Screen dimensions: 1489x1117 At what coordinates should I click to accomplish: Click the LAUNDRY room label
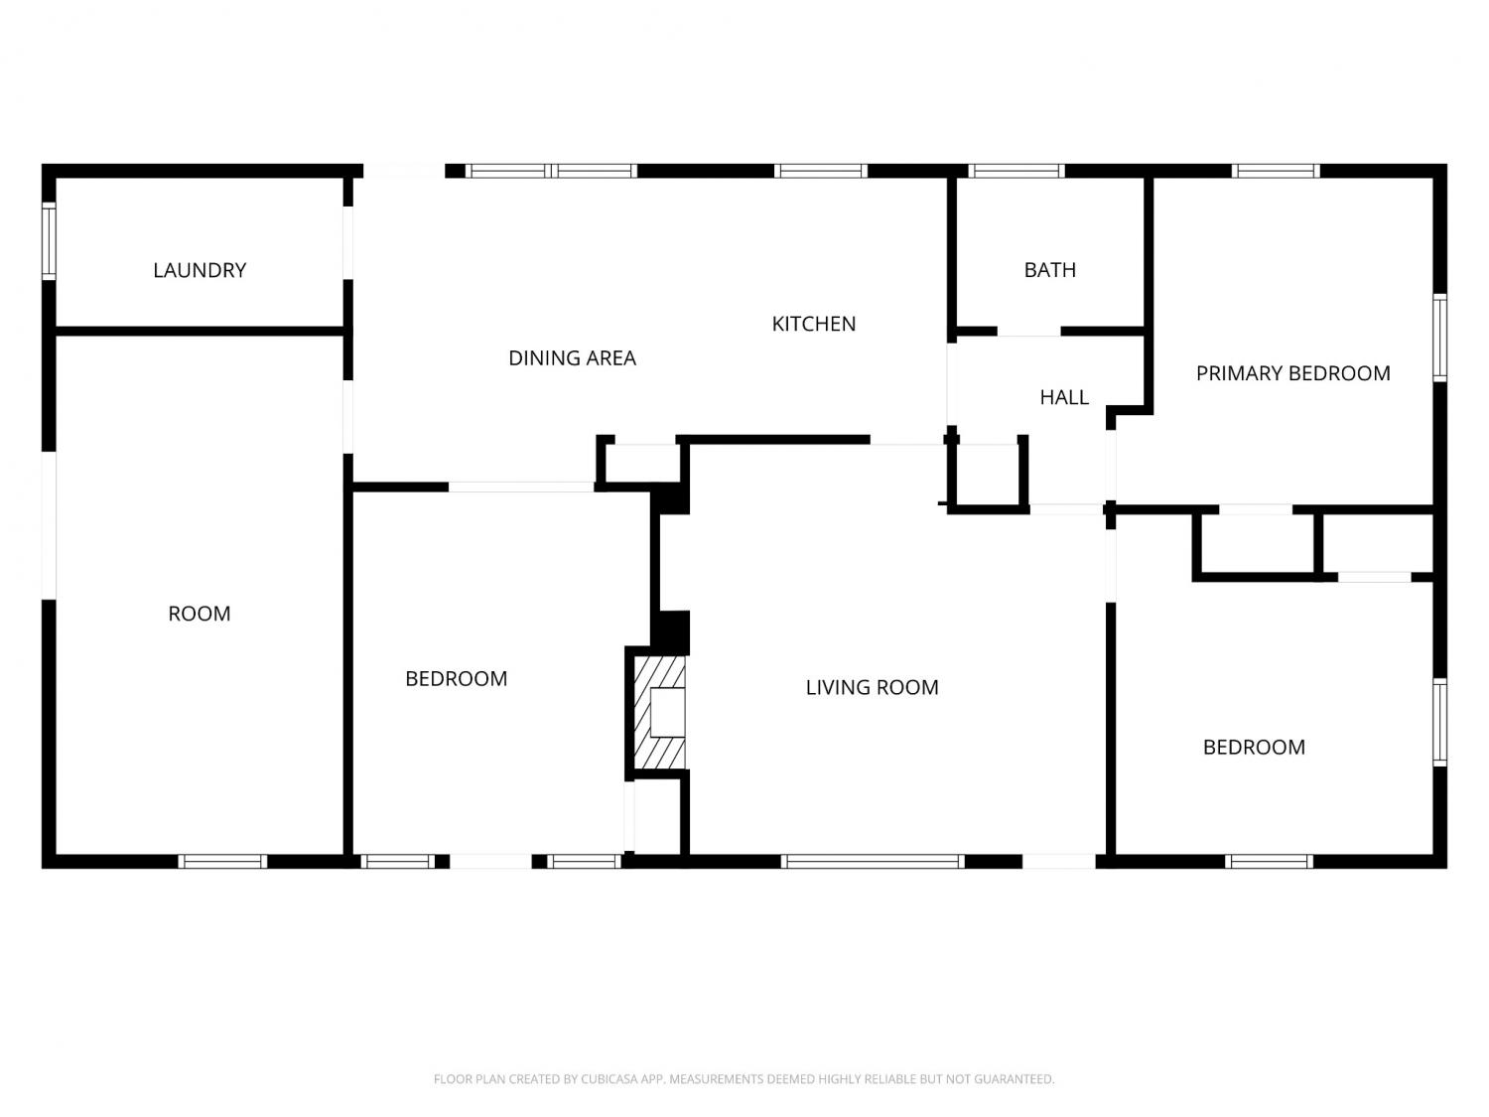coord(200,271)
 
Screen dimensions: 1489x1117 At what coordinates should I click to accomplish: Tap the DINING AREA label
coord(572,358)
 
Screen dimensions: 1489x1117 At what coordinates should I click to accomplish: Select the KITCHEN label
coord(813,325)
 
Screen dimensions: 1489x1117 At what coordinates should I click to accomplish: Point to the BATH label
coord(1049,270)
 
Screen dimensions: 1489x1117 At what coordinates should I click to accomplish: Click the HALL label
coord(1064,397)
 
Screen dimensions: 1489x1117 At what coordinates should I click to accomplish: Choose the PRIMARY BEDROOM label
coord(1293,373)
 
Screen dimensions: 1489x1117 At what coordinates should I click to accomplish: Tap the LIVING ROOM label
coord(872,688)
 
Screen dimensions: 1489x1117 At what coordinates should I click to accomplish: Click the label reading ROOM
coord(200,614)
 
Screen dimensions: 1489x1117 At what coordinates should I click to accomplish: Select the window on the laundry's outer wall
coord(49,240)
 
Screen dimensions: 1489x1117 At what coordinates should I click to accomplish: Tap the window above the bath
coord(1015,171)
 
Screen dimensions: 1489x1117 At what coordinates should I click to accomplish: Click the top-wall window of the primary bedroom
coord(1276,171)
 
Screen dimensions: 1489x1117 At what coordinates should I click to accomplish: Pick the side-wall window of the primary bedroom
coord(1439,338)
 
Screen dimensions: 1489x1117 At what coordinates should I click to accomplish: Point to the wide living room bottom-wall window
coord(873,861)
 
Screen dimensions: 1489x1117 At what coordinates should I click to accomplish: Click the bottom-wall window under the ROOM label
coord(222,861)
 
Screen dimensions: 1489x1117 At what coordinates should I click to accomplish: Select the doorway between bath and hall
coord(1028,332)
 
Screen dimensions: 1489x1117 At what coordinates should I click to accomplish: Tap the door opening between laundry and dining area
coord(348,243)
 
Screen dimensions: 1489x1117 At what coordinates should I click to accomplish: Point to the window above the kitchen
coord(821,171)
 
